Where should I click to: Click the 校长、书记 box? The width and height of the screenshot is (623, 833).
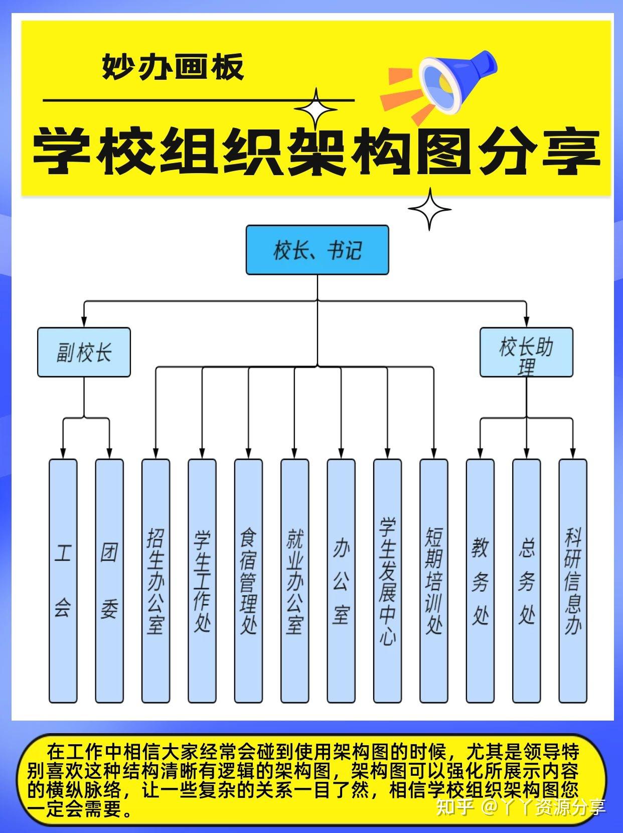pyautogui.click(x=317, y=249)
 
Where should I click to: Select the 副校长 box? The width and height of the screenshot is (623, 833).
pyautogui.click(x=84, y=352)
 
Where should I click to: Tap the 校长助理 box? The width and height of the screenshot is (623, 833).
pyautogui.click(x=526, y=352)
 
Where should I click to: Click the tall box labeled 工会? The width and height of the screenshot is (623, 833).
pyautogui.click(x=63, y=581)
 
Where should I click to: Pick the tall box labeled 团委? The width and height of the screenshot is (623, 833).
pyautogui.click(x=109, y=581)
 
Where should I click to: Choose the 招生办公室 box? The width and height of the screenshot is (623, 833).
pyautogui.click(x=155, y=581)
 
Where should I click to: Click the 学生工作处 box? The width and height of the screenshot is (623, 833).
pyautogui.click(x=202, y=581)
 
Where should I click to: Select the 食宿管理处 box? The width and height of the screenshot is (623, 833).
pyautogui.click(x=248, y=581)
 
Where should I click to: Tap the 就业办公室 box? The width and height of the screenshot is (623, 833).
pyautogui.click(x=294, y=581)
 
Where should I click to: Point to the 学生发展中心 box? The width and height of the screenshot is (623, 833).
pyautogui.click(x=387, y=581)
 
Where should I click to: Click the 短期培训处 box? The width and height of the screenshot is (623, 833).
pyautogui.click(x=434, y=581)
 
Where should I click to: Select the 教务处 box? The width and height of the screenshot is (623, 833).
pyautogui.click(x=480, y=581)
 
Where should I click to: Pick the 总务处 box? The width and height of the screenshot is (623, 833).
pyautogui.click(x=526, y=581)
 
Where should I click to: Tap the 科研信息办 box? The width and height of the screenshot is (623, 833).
pyautogui.click(x=573, y=581)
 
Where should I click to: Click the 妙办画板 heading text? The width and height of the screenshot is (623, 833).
pyautogui.click(x=173, y=67)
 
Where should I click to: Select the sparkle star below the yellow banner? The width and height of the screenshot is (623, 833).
pyautogui.click(x=429, y=209)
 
